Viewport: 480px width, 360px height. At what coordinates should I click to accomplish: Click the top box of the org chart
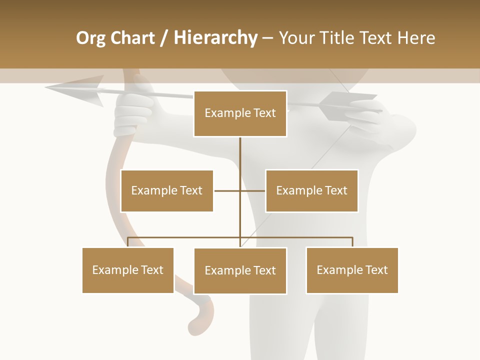240,113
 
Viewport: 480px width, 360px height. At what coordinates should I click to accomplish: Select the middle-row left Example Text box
166,190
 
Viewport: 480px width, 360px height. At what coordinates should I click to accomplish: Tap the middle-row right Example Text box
311,190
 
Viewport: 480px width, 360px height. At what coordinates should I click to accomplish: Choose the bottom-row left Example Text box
128,270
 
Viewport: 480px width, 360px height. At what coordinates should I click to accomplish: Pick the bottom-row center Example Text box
240,270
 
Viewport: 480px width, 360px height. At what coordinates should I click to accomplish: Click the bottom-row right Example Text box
352,270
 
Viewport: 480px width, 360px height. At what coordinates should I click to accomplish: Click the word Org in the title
90,38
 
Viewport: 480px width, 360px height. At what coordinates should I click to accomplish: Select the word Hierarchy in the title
215,38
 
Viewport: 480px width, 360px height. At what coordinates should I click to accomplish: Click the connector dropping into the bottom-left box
128,242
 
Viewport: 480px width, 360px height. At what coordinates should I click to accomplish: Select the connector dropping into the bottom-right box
352,242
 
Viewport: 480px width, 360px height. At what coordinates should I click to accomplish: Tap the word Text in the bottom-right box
376,270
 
